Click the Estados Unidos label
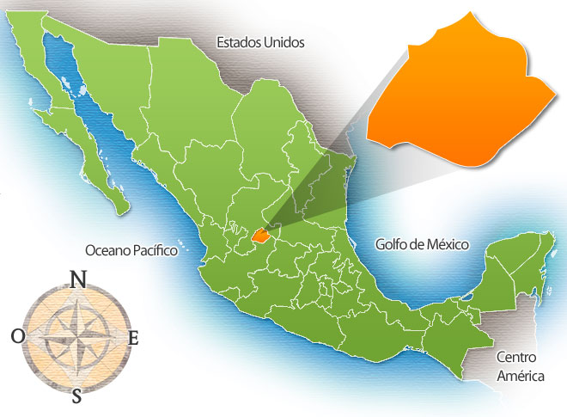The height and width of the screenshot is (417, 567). pos(260,41)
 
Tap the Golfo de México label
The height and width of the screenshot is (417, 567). pos(422,244)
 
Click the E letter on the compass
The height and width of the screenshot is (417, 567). pos(132,338)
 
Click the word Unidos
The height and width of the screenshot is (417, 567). pos(283,41)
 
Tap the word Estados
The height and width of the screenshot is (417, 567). pos(238,41)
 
